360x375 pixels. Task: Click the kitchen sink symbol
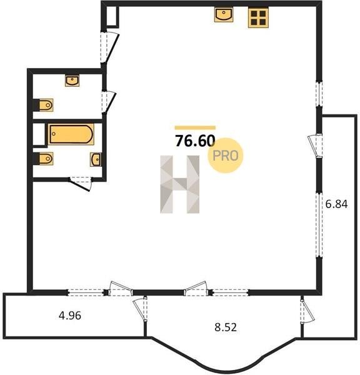click(224, 14)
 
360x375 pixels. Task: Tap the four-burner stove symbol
click(258, 17)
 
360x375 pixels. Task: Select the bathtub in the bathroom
click(71, 134)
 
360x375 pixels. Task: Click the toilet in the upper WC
click(46, 105)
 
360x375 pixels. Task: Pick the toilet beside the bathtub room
click(46, 159)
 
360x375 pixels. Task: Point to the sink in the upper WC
click(72, 81)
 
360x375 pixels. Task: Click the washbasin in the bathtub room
click(96, 159)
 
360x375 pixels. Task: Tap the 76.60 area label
click(195, 141)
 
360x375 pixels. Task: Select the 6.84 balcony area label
click(336, 204)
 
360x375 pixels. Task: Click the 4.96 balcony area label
click(70, 316)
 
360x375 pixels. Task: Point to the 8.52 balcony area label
click(226, 327)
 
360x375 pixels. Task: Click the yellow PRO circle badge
click(226, 156)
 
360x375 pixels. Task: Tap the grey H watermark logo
click(179, 184)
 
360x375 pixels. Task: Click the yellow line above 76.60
click(195, 127)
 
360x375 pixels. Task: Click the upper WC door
click(109, 102)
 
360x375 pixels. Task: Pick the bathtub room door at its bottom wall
click(80, 184)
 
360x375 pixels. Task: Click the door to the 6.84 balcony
click(315, 146)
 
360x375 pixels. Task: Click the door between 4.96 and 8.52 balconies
click(140, 309)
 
